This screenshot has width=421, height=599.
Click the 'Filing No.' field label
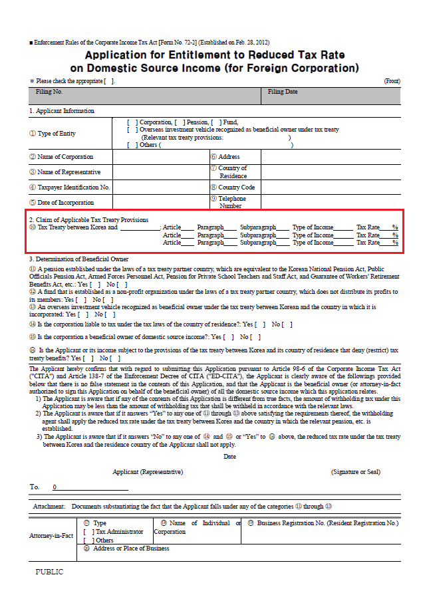tap(49, 92)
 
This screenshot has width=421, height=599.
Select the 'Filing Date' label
tap(283, 92)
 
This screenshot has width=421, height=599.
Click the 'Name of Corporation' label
tap(65, 157)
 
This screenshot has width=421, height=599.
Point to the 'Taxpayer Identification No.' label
tap(73, 187)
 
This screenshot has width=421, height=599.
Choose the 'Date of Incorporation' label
tap(65, 203)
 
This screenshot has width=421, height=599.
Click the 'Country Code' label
tap(236, 187)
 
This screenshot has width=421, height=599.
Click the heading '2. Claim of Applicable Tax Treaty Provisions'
tap(88, 219)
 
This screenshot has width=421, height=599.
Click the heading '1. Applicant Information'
tap(62, 111)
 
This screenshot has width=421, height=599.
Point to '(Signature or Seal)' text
tap(356, 472)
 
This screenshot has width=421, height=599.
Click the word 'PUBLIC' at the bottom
tap(49, 572)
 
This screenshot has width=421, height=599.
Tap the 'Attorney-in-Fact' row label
tap(51, 535)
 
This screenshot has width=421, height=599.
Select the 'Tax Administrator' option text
tap(120, 532)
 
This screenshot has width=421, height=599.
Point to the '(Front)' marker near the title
tap(392, 81)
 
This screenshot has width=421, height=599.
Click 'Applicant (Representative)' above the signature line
tap(148, 472)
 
